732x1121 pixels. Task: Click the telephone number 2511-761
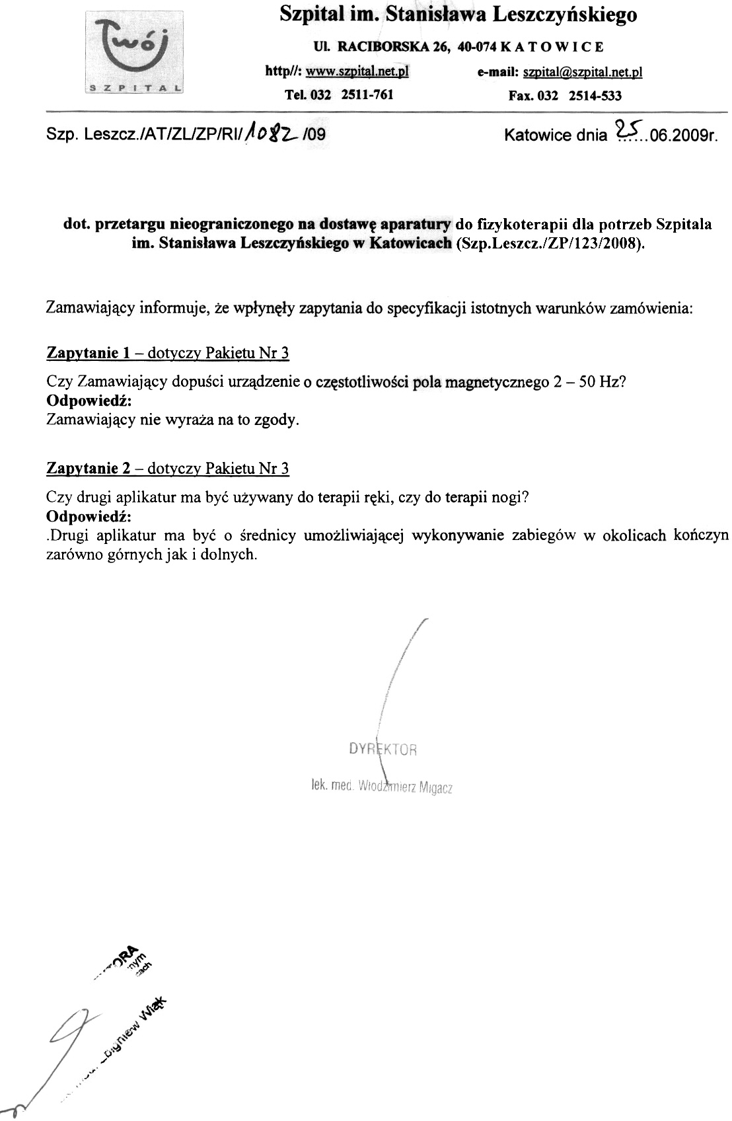point(367,95)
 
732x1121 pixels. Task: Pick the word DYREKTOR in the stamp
point(383,750)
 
